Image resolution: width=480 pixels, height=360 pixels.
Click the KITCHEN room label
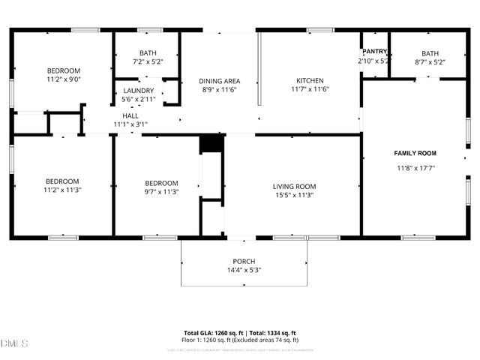point(310,80)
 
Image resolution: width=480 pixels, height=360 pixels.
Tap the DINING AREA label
point(219,80)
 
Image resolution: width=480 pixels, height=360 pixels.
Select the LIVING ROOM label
point(293,186)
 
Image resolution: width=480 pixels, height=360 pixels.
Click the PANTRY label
point(373,52)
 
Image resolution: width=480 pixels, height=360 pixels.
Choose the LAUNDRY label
point(138,90)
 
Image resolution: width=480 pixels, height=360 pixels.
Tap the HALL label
point(130,115)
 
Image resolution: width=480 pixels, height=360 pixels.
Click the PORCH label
point(244,261)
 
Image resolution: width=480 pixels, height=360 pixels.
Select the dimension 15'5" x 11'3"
point(293,195)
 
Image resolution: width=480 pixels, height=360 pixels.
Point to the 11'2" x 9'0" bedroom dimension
point(63,79)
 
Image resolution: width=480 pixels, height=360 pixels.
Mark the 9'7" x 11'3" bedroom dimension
point(161,191)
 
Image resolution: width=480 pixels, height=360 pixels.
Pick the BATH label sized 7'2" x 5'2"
point(147,53)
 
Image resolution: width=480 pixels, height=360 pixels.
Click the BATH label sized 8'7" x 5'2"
point(430,53)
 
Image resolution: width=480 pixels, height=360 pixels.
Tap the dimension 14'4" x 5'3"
point(244,270)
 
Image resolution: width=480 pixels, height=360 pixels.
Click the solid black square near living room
point(211,144)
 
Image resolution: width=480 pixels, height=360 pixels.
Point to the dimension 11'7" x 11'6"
point(310,89)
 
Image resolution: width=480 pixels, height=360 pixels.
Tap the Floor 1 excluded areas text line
point(240,340)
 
